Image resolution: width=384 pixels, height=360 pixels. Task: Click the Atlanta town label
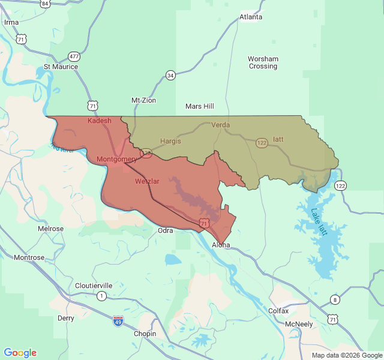coord(251,17)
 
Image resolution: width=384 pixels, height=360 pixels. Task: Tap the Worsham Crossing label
coord(263,62)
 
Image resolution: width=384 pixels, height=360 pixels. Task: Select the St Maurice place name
coord(61,67)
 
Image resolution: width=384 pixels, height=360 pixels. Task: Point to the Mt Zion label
coord(143,100)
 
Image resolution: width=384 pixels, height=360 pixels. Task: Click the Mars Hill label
coord(200,106)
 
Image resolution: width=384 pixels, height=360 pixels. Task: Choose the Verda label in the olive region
coord(221,125)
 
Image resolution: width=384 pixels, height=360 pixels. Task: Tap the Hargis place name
coord(170,141)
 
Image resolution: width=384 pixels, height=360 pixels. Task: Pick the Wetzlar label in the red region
coord(147,181)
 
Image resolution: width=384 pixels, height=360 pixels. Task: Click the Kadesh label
coord(100,121)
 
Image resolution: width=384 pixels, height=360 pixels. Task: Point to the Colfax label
coord(278,311)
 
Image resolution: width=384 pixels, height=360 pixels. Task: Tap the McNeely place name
coord(299,324)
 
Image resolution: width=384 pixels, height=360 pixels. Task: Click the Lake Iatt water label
coord(319,222)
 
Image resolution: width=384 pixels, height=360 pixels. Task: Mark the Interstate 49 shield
coord(118,321)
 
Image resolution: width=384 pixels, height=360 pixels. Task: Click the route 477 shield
coord(74,56)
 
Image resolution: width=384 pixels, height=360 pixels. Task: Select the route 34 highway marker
coord(170,75)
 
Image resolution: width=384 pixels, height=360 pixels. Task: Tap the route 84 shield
coord(46,4)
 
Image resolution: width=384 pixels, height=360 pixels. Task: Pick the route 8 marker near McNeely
coord(334,299)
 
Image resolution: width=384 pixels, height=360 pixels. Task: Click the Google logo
coord(20,352)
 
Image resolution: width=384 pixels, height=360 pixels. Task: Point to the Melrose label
coord(51,229)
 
